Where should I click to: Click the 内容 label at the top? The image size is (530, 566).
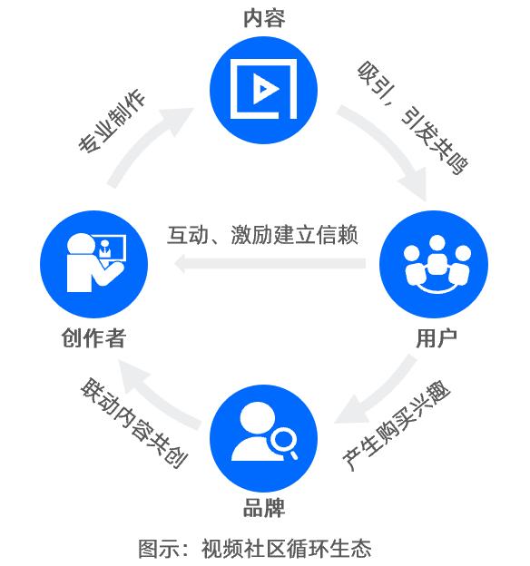[x=264, y=18]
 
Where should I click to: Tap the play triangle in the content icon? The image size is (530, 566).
[x=266, y=89]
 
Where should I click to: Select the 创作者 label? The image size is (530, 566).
[x=93, y=338]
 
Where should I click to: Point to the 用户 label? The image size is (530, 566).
[x=437, y=338]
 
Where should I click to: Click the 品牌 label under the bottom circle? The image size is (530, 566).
[x=264, y=508]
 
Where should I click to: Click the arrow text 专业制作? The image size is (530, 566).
[x=112, y=121]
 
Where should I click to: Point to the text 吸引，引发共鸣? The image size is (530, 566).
[x=412, y=118]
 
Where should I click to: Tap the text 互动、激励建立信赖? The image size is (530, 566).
[x=262, y=235]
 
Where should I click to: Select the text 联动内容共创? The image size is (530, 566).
[x=133, y=423]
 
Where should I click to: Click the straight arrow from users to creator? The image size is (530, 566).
[x=270, y=263]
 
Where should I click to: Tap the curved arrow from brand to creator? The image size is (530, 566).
[x=152, y=397]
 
